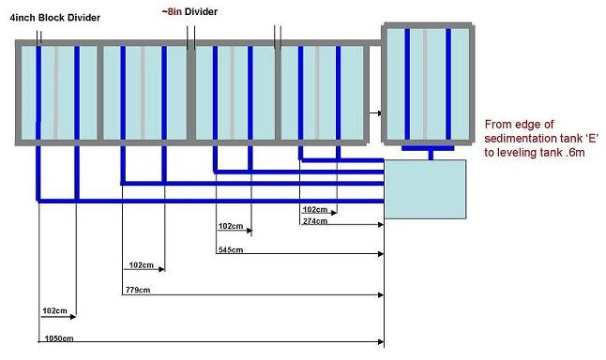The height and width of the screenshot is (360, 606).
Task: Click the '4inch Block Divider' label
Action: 55,18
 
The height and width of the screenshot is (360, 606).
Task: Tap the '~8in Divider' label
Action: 189,11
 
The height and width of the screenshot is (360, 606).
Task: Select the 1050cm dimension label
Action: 59,338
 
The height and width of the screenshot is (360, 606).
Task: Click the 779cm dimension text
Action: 138,290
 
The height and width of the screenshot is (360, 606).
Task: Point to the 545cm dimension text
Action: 231,250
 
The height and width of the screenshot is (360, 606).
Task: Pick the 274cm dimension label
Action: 315,221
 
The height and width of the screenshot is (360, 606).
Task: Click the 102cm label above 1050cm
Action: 55,310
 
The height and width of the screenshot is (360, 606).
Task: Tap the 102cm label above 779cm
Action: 141,265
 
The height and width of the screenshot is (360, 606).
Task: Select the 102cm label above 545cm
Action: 231,226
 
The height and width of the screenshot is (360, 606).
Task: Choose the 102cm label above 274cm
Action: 315,209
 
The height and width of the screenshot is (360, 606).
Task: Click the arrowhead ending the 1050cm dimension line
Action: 381,341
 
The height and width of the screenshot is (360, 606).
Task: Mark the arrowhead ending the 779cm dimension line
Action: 381,295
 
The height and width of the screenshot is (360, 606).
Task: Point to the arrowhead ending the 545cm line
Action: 381,254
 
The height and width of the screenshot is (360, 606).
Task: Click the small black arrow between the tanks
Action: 375,113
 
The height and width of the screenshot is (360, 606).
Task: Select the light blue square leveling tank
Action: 425,189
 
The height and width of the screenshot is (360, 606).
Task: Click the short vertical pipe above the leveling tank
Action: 431,155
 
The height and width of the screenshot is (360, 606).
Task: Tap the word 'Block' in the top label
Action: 52,18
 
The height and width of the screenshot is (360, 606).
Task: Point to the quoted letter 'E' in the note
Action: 590,139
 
